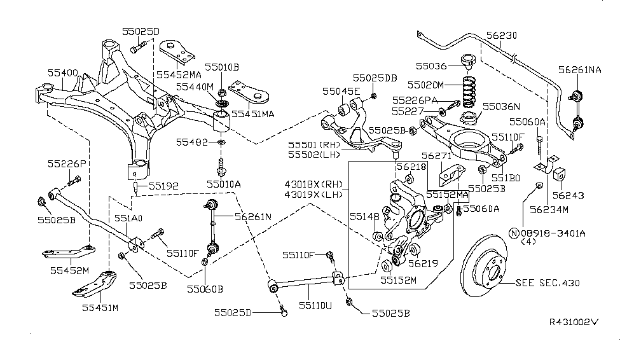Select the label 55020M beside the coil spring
436,85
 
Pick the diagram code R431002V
574,322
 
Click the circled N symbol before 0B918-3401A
514,232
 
